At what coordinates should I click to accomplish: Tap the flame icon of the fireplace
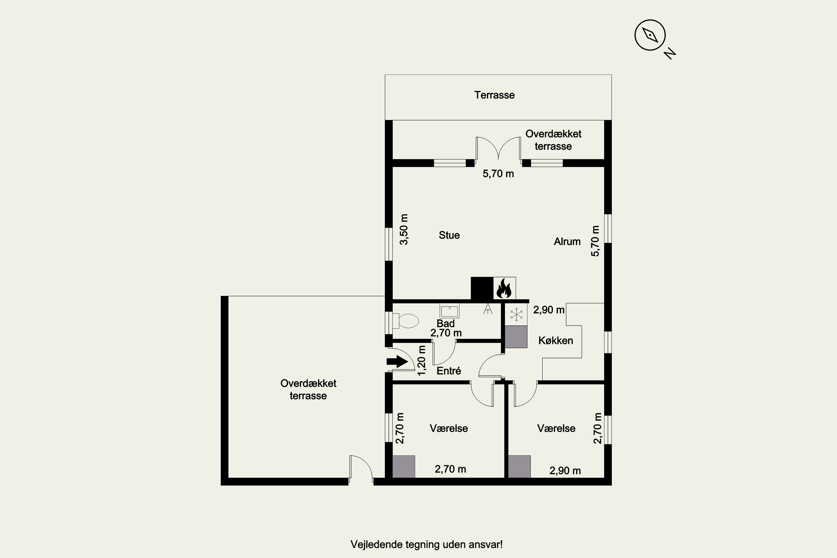coord(504,288)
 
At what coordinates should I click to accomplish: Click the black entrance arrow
coord(397,362)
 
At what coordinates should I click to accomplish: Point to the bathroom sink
coord(449,311)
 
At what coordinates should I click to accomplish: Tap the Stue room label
coord(449,235)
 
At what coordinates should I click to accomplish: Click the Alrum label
coord(567,242)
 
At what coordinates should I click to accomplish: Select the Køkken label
coord(555,341)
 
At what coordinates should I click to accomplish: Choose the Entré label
coord(449,371)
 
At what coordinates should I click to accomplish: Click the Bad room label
coord(446,323)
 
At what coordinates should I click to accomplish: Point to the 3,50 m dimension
coord(404,230)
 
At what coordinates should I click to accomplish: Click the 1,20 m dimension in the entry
coord(421,360)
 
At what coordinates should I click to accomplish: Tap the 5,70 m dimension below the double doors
coord(498,174)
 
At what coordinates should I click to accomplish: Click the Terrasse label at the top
coord(494,95)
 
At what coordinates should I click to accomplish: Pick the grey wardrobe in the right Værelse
coord(519,466)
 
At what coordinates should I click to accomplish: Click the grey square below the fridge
coord(516,337)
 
